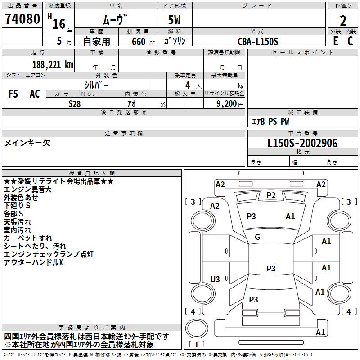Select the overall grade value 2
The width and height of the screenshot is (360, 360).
(x=343, y=20)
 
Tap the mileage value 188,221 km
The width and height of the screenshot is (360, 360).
(x=52, y=65)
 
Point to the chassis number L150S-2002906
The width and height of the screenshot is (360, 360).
(x=302, y=144)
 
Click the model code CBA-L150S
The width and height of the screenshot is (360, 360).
(x=258, y=41)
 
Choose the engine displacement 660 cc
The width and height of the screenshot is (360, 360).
(x=138, y=41)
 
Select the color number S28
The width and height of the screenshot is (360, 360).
(x=75, y=103)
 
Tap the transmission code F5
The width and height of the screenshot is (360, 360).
(x=13, y=94)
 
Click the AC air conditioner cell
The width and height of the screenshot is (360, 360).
(x=35, y=94)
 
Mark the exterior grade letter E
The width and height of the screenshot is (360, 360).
(x=335, y=41)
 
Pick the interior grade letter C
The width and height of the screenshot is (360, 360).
(x=350, y=41)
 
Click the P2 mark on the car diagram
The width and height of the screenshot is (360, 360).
(x=271, y=195)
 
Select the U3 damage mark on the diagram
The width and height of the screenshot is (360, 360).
(x=215, y=279)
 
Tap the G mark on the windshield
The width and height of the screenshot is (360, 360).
(x=257, y=237)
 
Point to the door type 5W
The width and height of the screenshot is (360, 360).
(x=175, y=21)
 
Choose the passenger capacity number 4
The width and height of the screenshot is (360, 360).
(x=187, y=85)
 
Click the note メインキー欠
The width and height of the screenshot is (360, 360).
(x=27, y=143)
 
